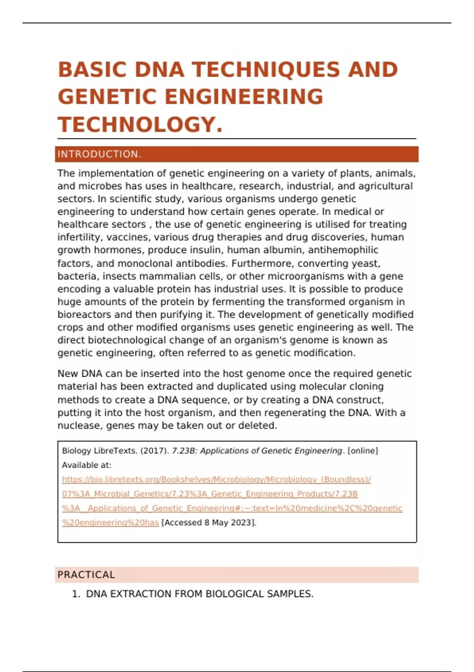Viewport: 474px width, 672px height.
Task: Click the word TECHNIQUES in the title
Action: [266, 70]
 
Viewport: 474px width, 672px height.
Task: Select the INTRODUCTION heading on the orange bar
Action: [99, 154]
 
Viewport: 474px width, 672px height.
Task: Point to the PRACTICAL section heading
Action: [86, 575]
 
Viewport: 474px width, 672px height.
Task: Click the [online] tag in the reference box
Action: [362, 451]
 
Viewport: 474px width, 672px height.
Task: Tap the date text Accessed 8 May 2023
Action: [209, 523]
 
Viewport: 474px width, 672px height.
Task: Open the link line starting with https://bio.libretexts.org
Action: [216, 479]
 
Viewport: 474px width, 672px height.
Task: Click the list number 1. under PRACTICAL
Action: [76, 594]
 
